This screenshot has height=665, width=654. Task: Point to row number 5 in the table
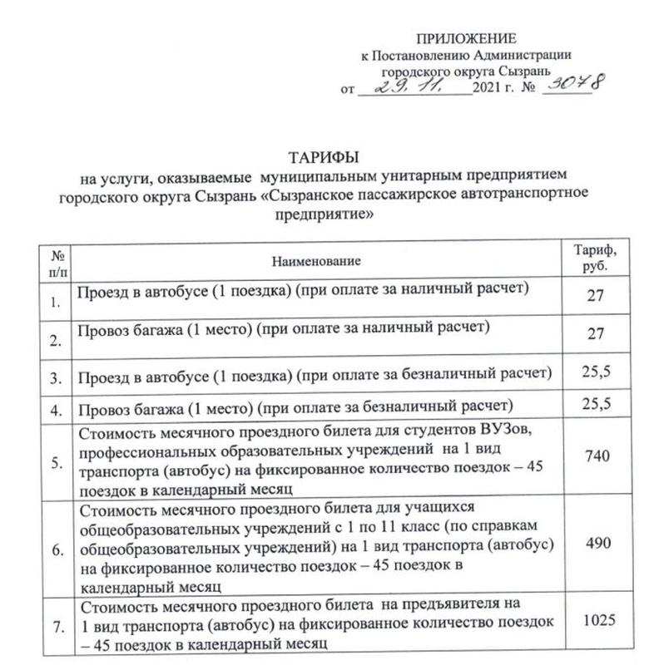(x=57, y=464)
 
